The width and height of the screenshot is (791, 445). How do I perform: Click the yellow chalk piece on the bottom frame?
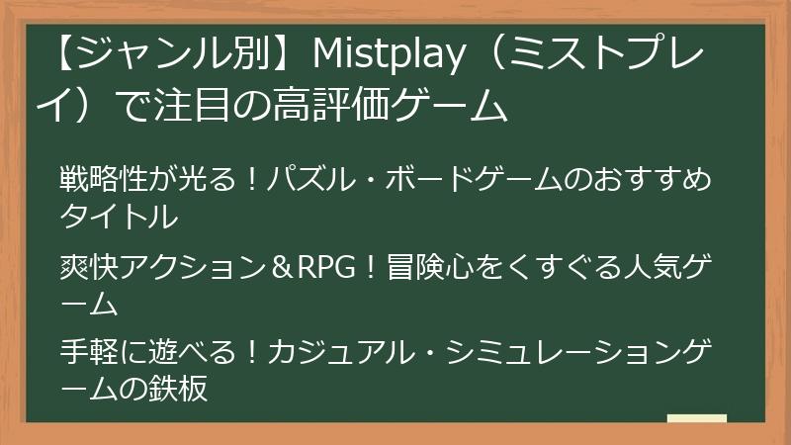(696, 419)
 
